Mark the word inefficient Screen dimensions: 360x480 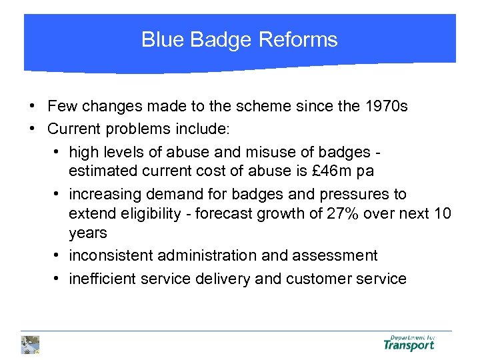103,279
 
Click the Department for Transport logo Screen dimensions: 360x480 409,343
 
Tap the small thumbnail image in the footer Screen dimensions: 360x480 30,344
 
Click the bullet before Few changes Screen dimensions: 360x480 31,106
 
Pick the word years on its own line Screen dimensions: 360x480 87,233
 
